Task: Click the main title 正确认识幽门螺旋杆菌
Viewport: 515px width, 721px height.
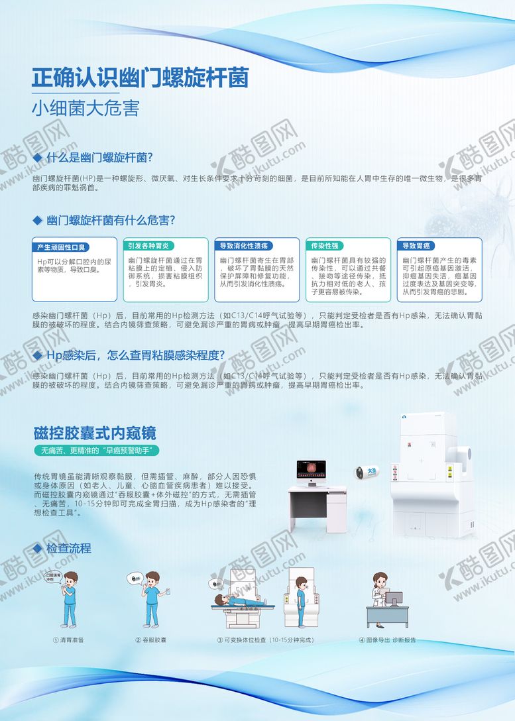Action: coord(141,78)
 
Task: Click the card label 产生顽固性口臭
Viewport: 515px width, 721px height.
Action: coord(61,247)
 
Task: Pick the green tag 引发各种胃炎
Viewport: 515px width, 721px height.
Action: coord(148,245)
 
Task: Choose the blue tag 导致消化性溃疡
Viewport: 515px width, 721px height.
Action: coord(245,245)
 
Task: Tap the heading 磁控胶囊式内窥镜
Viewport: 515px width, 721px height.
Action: coord(95,433)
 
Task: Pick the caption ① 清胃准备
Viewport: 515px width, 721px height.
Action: coord(68,640)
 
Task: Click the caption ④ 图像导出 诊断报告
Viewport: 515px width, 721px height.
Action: coord(388,640)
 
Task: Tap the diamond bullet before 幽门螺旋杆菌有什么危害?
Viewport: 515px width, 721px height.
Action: coord(36,219)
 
